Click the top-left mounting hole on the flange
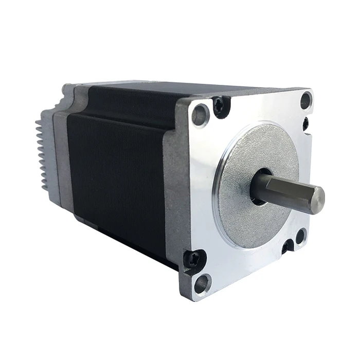pyautogui.click(x=201, y=114)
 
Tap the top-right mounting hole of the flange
pyautogui.click(x=305, y=100)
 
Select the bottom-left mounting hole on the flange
pyautogui.click(x=202, y=282)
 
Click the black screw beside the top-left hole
pyautogui.click(x=220, y=106)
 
